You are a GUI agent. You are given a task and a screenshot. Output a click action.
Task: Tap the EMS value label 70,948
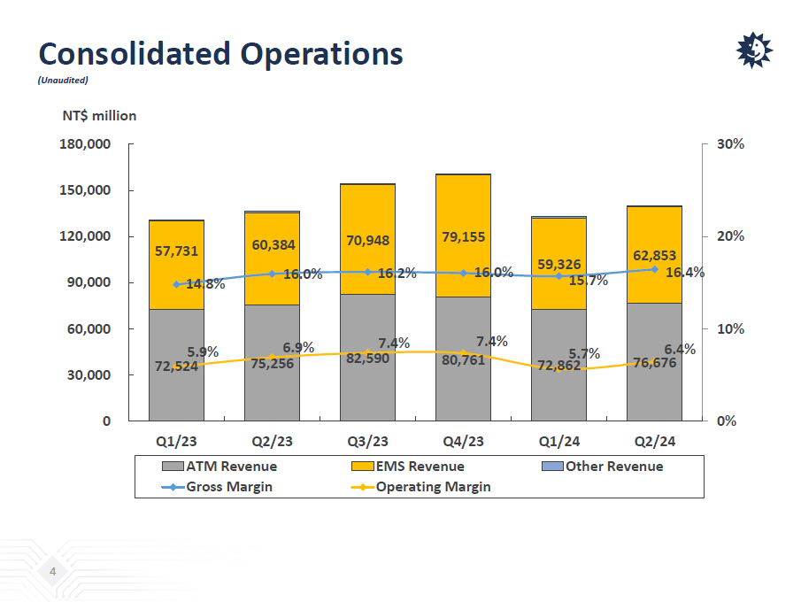(367, 240)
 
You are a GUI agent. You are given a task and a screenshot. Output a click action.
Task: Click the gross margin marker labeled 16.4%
(654, 269)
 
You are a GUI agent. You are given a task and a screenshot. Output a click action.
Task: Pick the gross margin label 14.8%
(205, 284)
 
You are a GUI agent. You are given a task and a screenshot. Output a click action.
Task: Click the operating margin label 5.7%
(584, 353)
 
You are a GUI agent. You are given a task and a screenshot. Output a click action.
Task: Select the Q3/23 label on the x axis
(367, 441)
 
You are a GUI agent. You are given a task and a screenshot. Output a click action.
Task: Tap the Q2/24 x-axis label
(654, 441)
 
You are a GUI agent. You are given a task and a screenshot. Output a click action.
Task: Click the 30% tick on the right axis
(730, 144)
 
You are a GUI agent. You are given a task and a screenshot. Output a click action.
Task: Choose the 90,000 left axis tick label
(89, 282)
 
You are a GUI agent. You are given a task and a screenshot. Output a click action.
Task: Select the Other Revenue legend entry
(613, 467)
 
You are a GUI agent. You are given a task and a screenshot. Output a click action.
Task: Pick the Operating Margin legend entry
(432, 486)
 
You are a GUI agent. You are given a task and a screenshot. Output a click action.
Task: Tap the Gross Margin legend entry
(229, 486)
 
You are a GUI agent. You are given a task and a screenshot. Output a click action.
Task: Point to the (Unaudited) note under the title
(63, 80)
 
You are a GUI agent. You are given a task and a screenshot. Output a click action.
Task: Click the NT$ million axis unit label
(99, 115)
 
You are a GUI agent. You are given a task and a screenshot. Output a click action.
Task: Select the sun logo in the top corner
(754, 50)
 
